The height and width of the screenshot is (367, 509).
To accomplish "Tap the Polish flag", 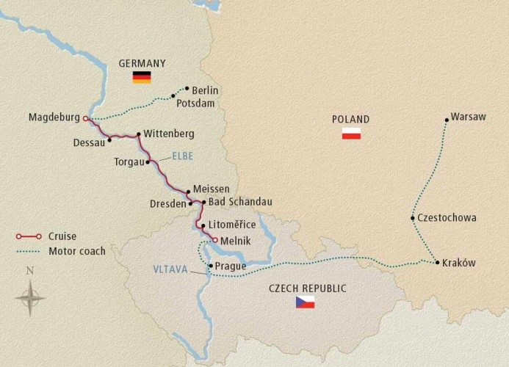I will [x=352, y=134].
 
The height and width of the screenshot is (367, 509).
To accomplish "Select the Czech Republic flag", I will [x=305, y=302].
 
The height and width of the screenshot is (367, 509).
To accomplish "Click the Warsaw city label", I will [x=469, y=117].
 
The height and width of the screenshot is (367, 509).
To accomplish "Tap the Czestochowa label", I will [x=447, y=218].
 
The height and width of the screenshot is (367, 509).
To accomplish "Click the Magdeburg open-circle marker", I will [x=86, y=117].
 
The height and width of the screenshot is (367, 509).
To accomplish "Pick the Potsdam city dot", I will [x=173, y=95].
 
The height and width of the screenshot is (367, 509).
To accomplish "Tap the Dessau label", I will [x=90, y=143].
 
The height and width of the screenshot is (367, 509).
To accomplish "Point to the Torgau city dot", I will [x=148, y=161].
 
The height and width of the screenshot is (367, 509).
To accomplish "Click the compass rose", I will [x=30, y=297].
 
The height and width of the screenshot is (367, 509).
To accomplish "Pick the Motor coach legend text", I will [x=76, y=251].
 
